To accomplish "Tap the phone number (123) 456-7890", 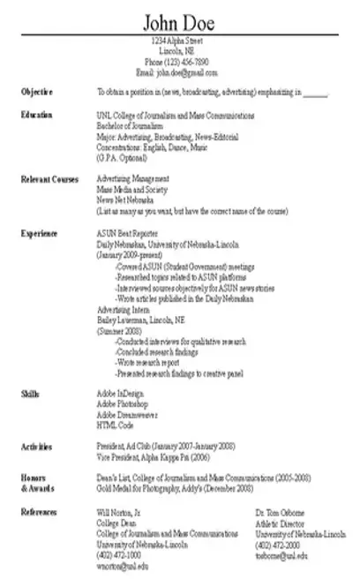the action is pyautogui.click(x=180, y=62).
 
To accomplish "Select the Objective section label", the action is pyautogui.click(x=37, y=92).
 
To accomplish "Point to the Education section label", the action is pyautogui.click(x=37, y=115).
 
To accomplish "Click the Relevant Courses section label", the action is pyautogui.click(x=49, y=178).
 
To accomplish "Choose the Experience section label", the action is pyautogui.click(x=40, y=233).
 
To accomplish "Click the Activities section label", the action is pyautogui.click(x=36, y=447).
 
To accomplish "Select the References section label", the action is pyautogui.click(x=40, y=512).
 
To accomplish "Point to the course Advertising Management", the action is pyautogui.click(x=132, y=178).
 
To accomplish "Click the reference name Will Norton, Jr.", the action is pyautogui.click(x=119, y=512).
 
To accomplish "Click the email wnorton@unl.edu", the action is pyautogui.click(x=122, y=565).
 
